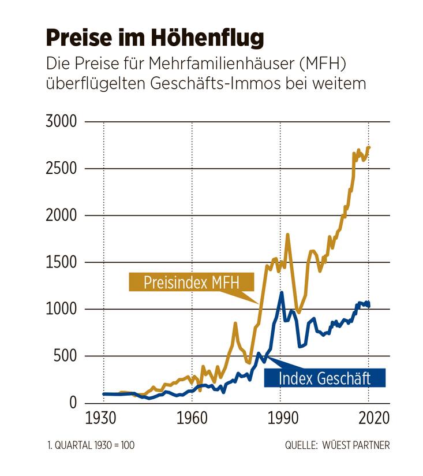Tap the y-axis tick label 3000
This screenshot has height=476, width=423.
click(x=61, y=122)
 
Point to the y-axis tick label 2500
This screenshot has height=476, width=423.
click(x=61, y=169)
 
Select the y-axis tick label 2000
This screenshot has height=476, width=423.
click(x=61, y=215)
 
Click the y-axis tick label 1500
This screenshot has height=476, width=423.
click(x=61, y=262)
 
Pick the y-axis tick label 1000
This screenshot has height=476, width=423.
click(x=61, y=309)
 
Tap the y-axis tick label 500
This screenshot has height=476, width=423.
click(x=65, y=356)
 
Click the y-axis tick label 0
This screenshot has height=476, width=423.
click(x=73, y=403)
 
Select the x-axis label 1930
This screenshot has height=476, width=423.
click(x=103, y=418)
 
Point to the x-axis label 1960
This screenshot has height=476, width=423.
click(x=192, y=418)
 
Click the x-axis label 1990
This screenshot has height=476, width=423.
click(x=281, y=418)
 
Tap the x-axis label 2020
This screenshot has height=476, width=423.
click(x=370, y=418)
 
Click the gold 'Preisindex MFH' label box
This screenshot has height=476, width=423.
click(x=183, y=283)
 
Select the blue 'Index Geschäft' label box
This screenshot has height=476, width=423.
click(x=324, y=378)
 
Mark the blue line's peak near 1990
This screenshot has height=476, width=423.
click(x=282, y=292)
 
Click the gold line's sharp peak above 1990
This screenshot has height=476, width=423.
click(x=287, y=235)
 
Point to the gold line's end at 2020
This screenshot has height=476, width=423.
click(x=369, y=147)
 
